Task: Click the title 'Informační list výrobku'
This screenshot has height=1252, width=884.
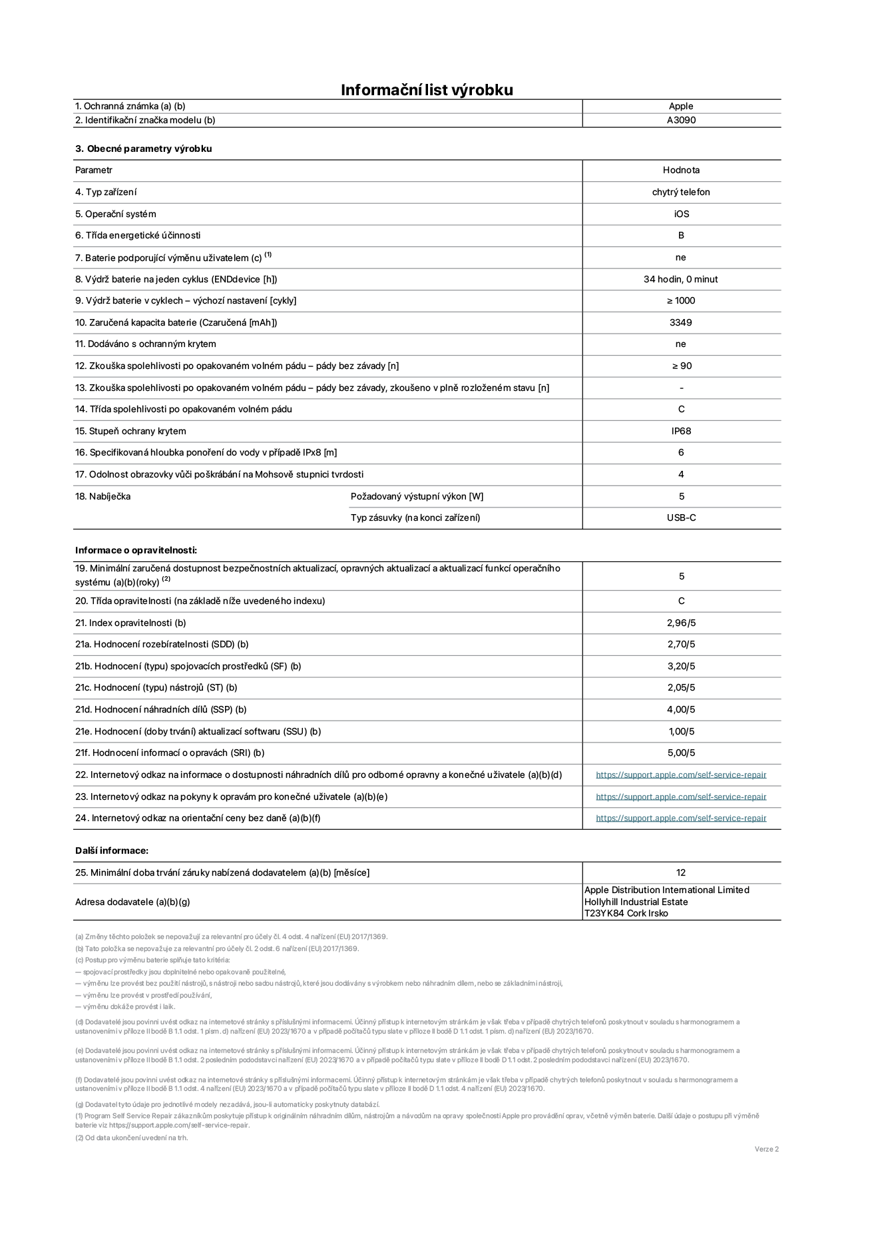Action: point(427,90)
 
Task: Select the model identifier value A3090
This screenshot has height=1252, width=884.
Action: point(681,121)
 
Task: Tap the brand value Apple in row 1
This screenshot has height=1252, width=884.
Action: point(681,106)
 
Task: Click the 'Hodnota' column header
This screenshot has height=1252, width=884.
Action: point(681,170)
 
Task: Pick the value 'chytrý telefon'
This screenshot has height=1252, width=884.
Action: point(681,192)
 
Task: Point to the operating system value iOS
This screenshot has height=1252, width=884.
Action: point(681,214)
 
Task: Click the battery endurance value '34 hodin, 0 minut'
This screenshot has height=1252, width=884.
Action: point(680,279)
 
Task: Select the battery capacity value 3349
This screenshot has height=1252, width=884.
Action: point(681,322)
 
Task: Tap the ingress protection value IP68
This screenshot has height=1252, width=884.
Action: point(681,431)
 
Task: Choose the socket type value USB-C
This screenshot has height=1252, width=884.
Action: point(681,517)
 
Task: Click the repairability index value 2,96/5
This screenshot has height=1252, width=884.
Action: point(681,623)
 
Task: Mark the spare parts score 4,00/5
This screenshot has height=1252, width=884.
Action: point(681,709)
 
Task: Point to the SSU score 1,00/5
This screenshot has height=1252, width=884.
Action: point(681,731)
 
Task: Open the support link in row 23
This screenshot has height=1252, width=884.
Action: point(681,796)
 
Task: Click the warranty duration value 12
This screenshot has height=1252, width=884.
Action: point(681,872)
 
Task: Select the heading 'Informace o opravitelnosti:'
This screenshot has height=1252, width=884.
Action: point(136,550)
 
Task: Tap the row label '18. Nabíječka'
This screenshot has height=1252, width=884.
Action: point(103,496)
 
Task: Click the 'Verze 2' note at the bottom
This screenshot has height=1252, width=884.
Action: point(766,1149)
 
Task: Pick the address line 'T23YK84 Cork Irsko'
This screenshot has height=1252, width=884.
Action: point(626,914)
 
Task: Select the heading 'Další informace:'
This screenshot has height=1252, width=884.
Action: point(111,850)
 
